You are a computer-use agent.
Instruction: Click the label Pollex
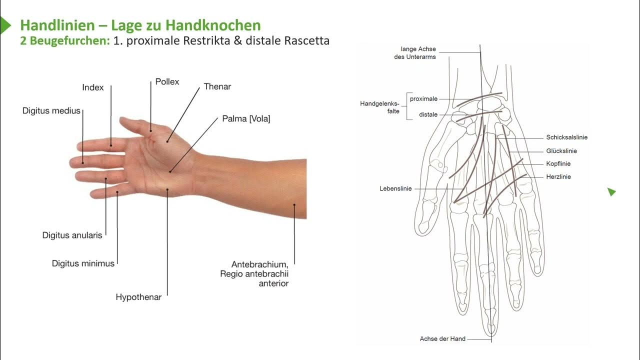pyautogui.click(x=167, y=81)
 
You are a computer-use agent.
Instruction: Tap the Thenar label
pyautogui.click(x=217, y=86)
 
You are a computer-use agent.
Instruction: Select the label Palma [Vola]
pyautogui.click(x=246, y=119)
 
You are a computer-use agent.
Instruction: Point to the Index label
pyautogui.click(x=93, y=87)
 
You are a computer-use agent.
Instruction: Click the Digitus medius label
pyautogui.click(x=51, y=110)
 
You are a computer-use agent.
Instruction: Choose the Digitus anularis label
pyautogui.click(x=72, y=235)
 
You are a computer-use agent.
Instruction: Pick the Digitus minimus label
pyautogui.click(x=83, y=263)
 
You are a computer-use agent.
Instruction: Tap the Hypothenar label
pyautogui.click(x=138, y=297)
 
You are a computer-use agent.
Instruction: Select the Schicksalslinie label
pyautogui.click(x=566, y=137)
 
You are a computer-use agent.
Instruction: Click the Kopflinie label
pyautogui.click(x=558, y=164)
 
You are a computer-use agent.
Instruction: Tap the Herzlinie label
pyautogui.click(x=558, y=177)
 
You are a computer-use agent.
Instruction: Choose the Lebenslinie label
pyautogui.click(x=395, y=188)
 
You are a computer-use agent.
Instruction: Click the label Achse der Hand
pyautogui.click(x=442, y=339)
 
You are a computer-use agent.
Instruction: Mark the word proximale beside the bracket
pyautogui.click(x=423, y=99)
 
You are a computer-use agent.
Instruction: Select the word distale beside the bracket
pyautogui.click(x=428, y=114)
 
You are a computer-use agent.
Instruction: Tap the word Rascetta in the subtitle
pyautogui.click(x=306, y=41)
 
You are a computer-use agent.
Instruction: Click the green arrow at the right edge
pyautogui.click(x=611, y=192)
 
